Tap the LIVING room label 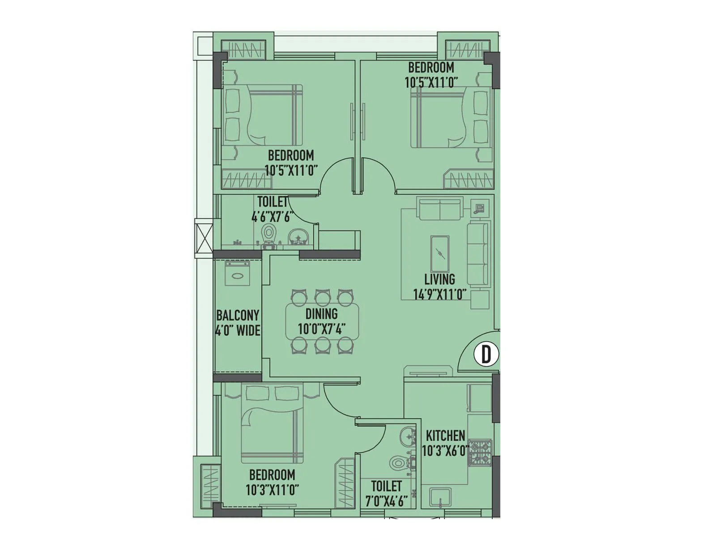click(439, 280)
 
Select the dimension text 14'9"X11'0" click(439, 294)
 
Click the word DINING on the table click(321, 314)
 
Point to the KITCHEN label click(445, 435)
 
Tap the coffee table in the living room click(439, 254)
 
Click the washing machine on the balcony click(237, 274)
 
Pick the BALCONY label click(238, 315)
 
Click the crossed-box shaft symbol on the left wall click(204, 238)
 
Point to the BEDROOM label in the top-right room click(430, 68)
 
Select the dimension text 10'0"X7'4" click(321, 329)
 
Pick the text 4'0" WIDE click(238, 331)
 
